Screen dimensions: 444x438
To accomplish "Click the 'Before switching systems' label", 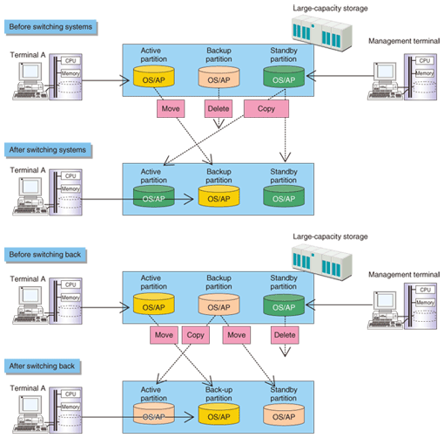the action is [x=50, y=27].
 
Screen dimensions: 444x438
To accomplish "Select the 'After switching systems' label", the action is [x=48, y=150].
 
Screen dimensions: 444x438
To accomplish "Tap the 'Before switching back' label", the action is [x=45, y=255].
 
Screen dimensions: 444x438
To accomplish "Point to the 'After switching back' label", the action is [x=43, y=366].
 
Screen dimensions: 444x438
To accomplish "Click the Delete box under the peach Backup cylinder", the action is [x=219, y=109].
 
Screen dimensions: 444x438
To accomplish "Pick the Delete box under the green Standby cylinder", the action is [x=285, y=335].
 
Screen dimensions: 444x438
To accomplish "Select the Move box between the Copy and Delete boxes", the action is [x=237, y=335].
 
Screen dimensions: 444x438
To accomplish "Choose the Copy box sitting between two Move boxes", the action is [x=196, y=335].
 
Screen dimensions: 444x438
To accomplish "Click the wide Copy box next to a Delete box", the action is [x=266, y=109].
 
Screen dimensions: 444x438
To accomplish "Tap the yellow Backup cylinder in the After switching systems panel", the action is [x=219, y=196].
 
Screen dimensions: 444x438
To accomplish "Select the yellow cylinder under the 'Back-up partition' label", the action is [x=219, y=414].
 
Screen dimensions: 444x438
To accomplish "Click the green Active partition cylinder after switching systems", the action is [x=154, y=196].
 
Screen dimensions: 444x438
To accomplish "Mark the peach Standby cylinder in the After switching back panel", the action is [x=284, y=414].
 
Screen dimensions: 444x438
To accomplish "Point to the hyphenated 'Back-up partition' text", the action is [x=219, y=394].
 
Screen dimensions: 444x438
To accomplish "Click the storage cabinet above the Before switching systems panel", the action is [x=322, y=32].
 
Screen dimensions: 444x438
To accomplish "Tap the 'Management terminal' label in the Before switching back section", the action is [x=404, y=275].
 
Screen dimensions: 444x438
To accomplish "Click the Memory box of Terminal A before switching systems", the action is [x=71, y=73].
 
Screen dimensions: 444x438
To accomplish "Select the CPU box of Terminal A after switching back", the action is [x=71, y=394].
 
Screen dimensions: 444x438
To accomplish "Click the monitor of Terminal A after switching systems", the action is [x=30, y=187].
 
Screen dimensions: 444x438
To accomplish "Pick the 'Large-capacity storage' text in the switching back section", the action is [x=330, y=236].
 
